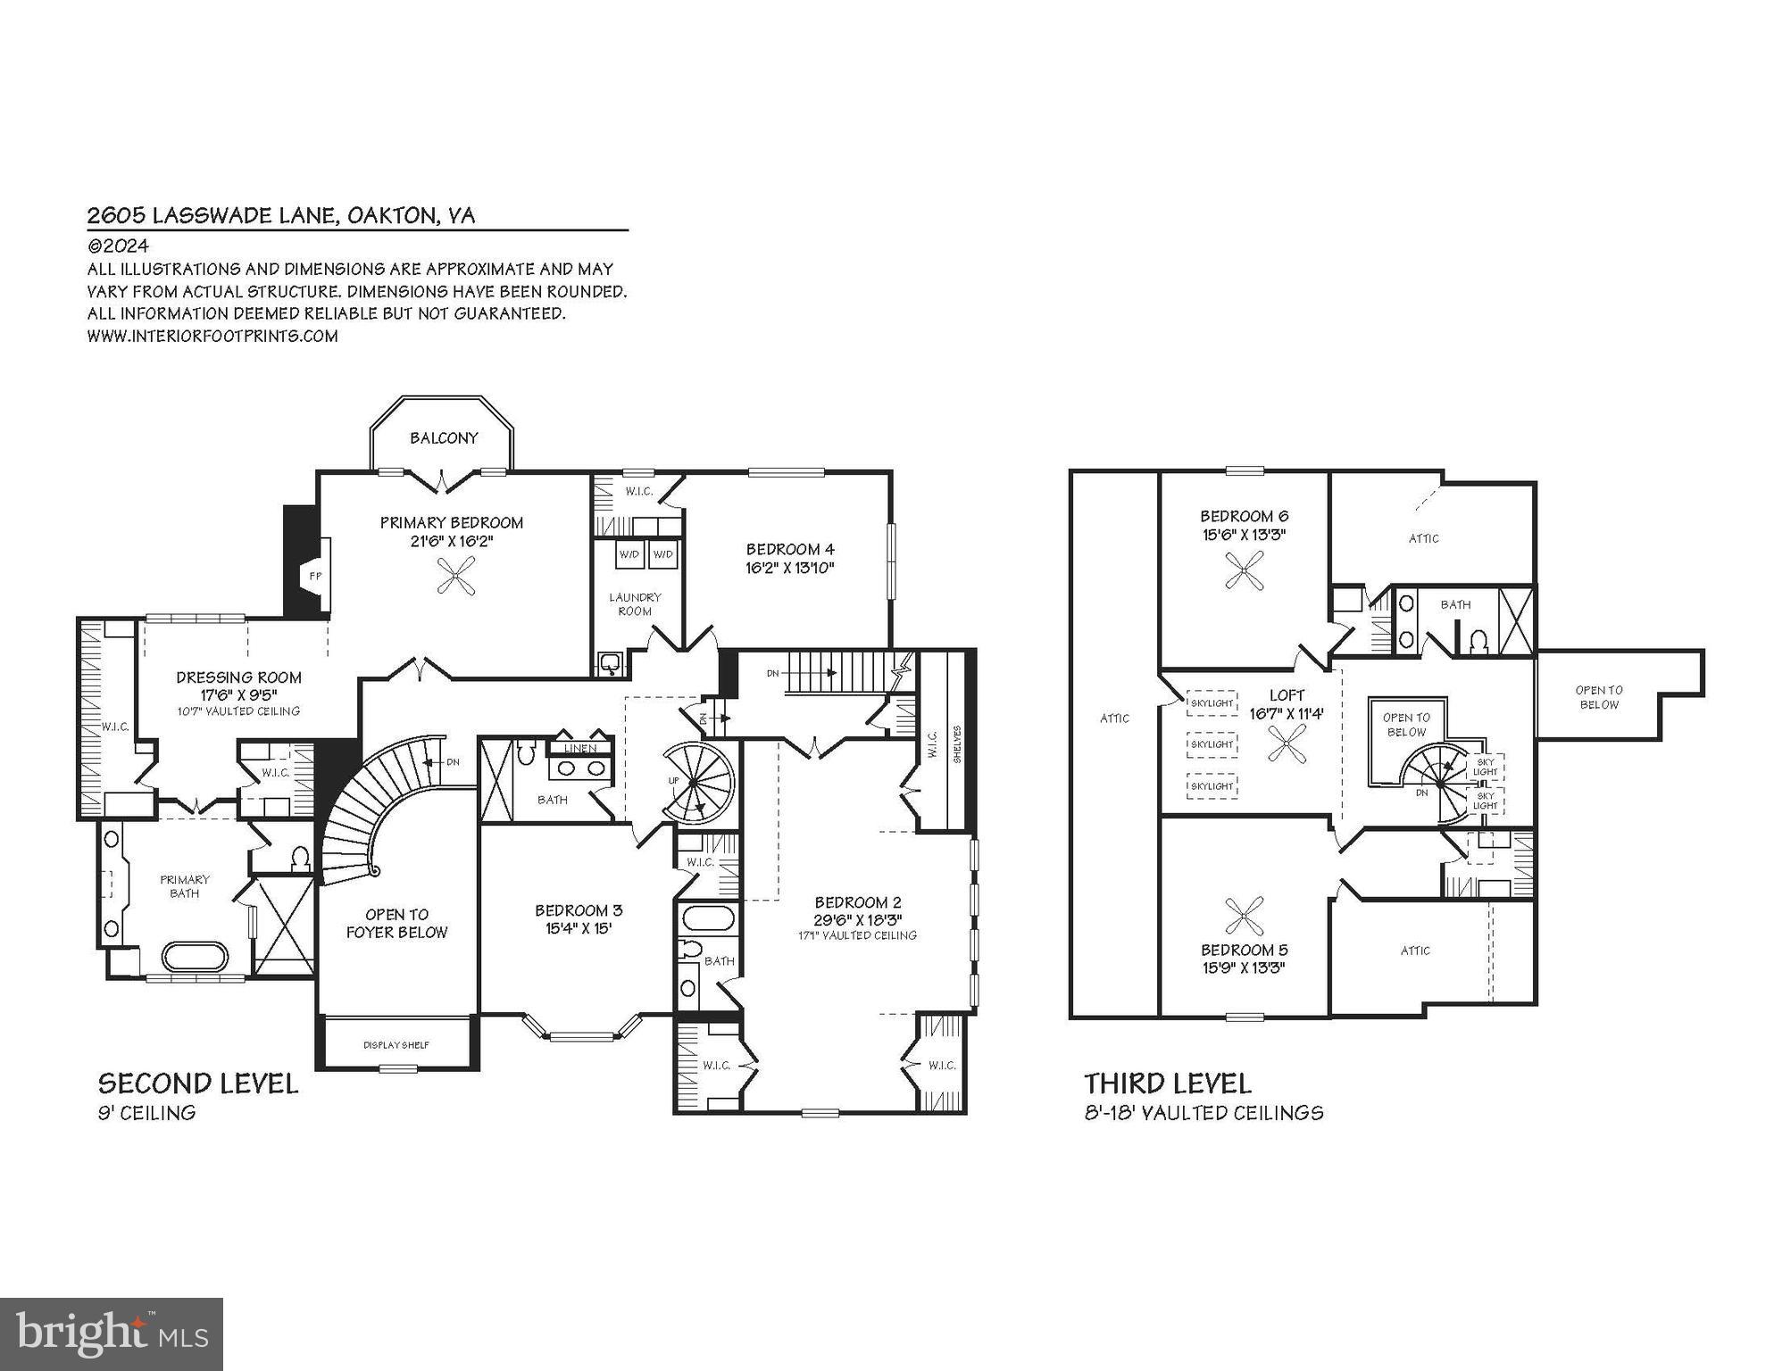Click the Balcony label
pos(444,438)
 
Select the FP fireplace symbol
pos(315,577)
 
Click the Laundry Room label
pos(635,604)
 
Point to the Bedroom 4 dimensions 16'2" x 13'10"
pos(790,568)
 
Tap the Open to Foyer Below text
pos(397,923)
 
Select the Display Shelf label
pos(396,1044)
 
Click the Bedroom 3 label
pos(579,910)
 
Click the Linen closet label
pos(580,748)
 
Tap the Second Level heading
pos(198,1084)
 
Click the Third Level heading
pos(1168,1084)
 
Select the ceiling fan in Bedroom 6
pos(1245,570)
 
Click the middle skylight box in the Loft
pos(1212,744)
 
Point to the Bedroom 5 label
pos(1244,950)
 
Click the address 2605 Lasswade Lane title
pos(281,215)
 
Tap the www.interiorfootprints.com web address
pos(212,337)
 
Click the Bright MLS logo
pos(112,1334)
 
